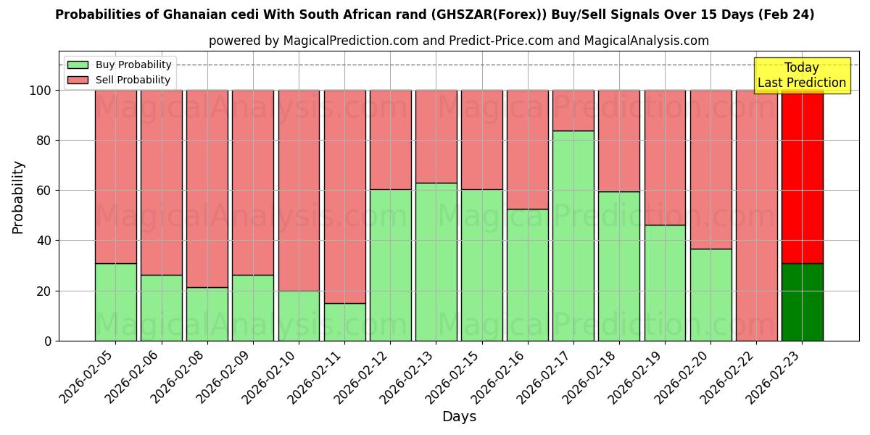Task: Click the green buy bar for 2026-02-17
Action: pos(573,236)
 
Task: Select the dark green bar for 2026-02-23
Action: pos(802,302)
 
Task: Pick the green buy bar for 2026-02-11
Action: pos(344,322)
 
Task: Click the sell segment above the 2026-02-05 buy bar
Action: pos(116,176)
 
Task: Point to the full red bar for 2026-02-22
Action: pos(756,215)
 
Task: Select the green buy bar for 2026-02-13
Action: pos(436,262)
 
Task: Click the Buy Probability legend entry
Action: pos(119,65)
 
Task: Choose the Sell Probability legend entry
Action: pos(119,80)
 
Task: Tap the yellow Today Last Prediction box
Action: pos(802,75)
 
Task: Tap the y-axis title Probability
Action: pos(18,196)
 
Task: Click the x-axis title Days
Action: pos(459,417)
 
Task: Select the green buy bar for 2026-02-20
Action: pos(710,294)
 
